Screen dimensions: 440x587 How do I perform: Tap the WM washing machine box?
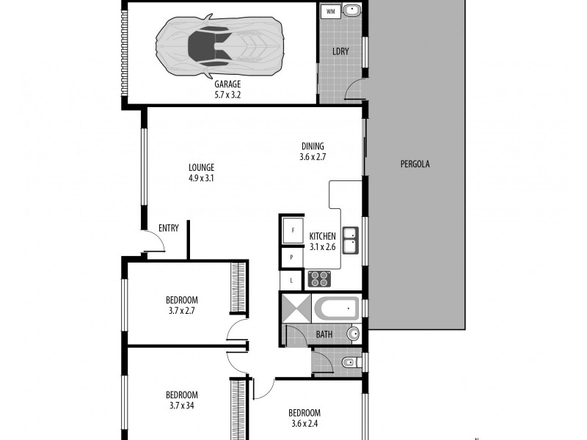click(x=329, y=12)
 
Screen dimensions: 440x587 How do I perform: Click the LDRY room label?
click(x=340, y=51)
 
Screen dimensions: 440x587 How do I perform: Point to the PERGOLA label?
click(x=415, y=164)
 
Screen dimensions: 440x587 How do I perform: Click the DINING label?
click(x=312, y=146)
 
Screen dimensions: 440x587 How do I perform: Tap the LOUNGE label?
click(x=200, y=167)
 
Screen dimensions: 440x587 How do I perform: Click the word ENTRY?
click(x=169, y=228)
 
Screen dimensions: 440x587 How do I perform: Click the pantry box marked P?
click(x=292, y=257)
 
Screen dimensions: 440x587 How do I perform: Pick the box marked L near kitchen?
click(x=291, y=279)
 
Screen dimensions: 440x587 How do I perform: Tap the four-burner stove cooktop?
click(x=319, y=279)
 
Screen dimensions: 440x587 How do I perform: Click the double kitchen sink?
click(x=351, y=240)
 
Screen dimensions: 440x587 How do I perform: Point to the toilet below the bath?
click(x=350, y=361)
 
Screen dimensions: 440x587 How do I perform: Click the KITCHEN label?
click(x=322, y=236)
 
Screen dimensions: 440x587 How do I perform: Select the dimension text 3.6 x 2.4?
click(x=305, y=423)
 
